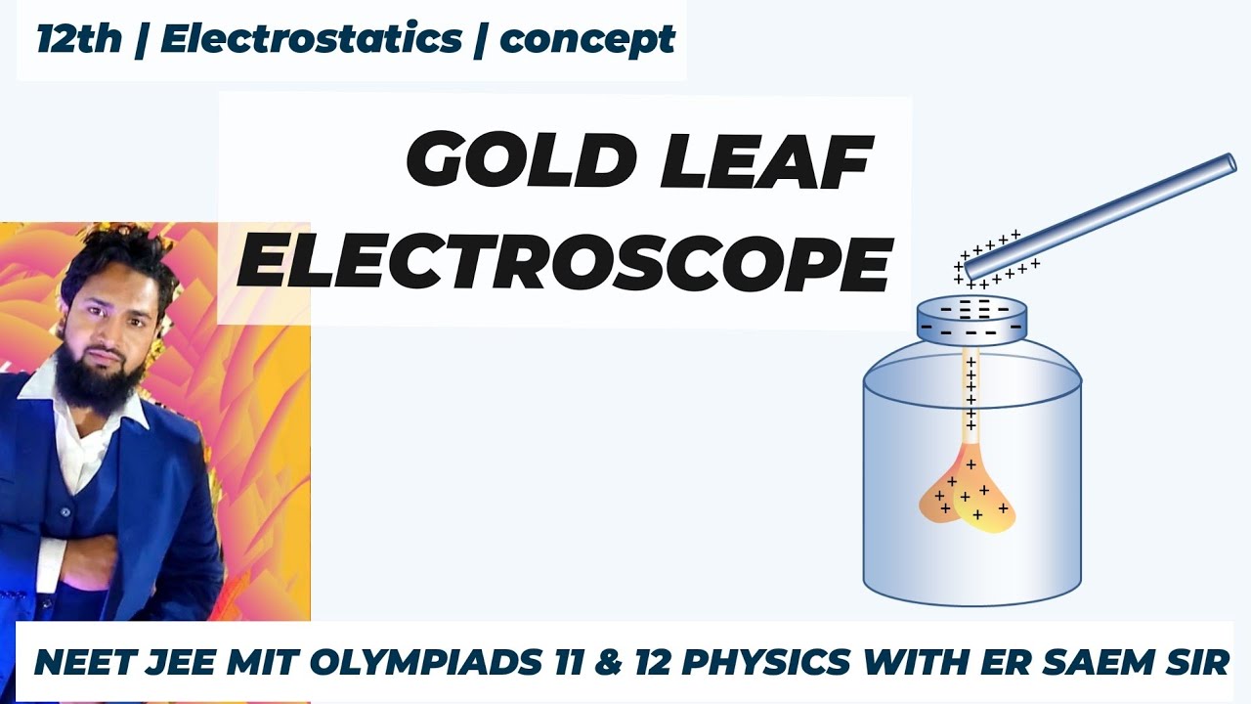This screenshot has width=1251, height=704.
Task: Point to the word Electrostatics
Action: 311,40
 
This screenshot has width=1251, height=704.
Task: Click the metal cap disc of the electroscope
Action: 971,319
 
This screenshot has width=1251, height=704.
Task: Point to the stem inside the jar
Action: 971,401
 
